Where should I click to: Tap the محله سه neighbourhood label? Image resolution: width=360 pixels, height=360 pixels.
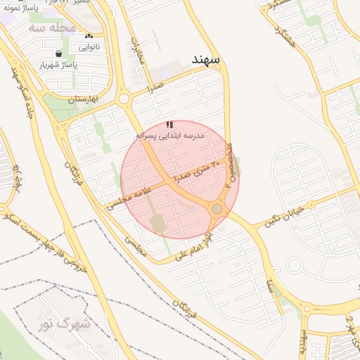coord(53,28)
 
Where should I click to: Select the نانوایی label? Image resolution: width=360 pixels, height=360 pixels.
coord(88,48)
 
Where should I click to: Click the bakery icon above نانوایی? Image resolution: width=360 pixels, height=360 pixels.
coord(88,37)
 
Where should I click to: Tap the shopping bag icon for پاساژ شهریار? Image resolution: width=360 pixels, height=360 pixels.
coord(58,53)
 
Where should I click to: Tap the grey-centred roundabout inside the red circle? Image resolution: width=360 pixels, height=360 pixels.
coord(217,209)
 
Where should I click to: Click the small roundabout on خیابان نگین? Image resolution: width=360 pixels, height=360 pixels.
coord(295,265)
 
